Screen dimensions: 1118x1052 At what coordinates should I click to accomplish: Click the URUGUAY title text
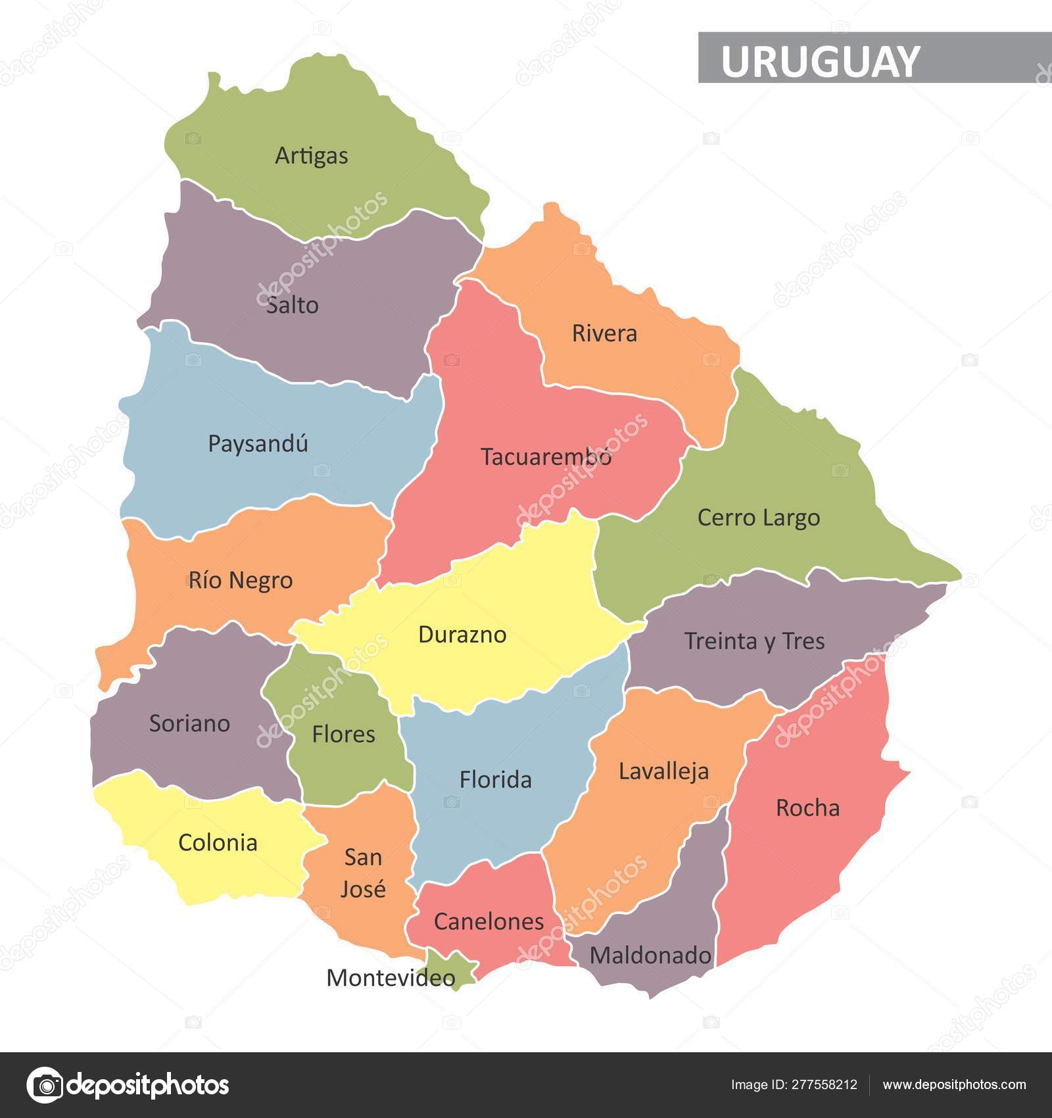820,61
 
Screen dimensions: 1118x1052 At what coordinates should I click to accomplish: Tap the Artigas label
311,157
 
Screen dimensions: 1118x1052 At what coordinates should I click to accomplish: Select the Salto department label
293,305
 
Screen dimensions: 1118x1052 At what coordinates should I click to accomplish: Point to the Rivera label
604,333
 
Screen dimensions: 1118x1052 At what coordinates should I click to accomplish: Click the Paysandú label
258,444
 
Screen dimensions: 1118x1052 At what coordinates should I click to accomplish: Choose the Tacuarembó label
546,457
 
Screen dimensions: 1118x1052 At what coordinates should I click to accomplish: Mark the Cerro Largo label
758,518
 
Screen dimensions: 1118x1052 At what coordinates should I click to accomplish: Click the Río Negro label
241,581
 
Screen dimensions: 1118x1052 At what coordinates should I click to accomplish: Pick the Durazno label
462,635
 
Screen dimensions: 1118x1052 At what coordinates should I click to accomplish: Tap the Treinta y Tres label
754,641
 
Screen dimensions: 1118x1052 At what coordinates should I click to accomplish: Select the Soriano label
189,723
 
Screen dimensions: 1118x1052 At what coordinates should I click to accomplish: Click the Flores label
343,735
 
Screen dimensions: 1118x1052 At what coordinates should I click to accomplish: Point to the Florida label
495,780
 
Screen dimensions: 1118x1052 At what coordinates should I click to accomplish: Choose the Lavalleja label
663,771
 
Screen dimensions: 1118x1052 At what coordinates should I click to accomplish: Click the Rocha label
807,808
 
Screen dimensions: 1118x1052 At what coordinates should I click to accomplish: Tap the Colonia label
218,843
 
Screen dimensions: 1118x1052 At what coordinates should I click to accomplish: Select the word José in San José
363,890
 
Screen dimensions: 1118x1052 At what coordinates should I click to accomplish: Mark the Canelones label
489,922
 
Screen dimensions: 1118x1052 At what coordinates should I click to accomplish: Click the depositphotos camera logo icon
44,1085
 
